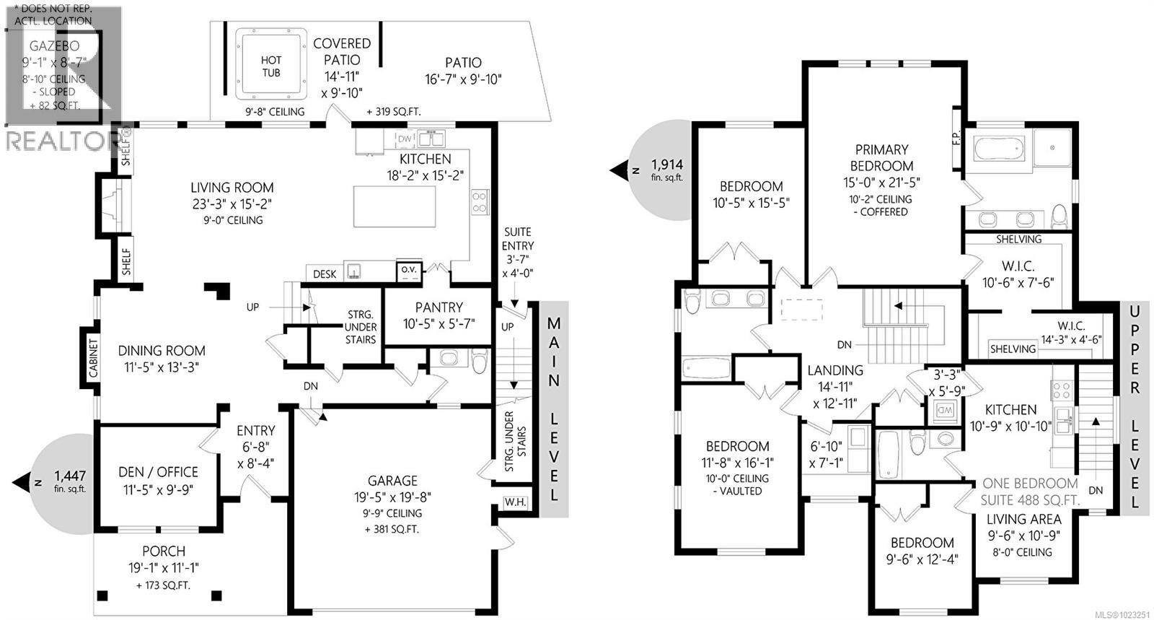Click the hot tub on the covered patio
click(x=271, y=66)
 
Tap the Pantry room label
click(x=439, y=307)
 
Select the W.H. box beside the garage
click(x=514, y=502)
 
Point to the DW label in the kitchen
click(x=405, y=139)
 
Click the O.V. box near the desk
click(x=409, y=270)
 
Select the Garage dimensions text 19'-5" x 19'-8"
click(x=393, y=497)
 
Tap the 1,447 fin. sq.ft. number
click(x=71, y=476)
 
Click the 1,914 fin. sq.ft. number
click(x=666, y=164)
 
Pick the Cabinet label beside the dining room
click(x=92, y=359)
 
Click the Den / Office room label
click(x=158, y=472)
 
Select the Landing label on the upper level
click(x=834, y=371)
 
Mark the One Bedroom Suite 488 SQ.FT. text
click(x=1030, y=492)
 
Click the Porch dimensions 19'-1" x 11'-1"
click(x=164, y=568)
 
